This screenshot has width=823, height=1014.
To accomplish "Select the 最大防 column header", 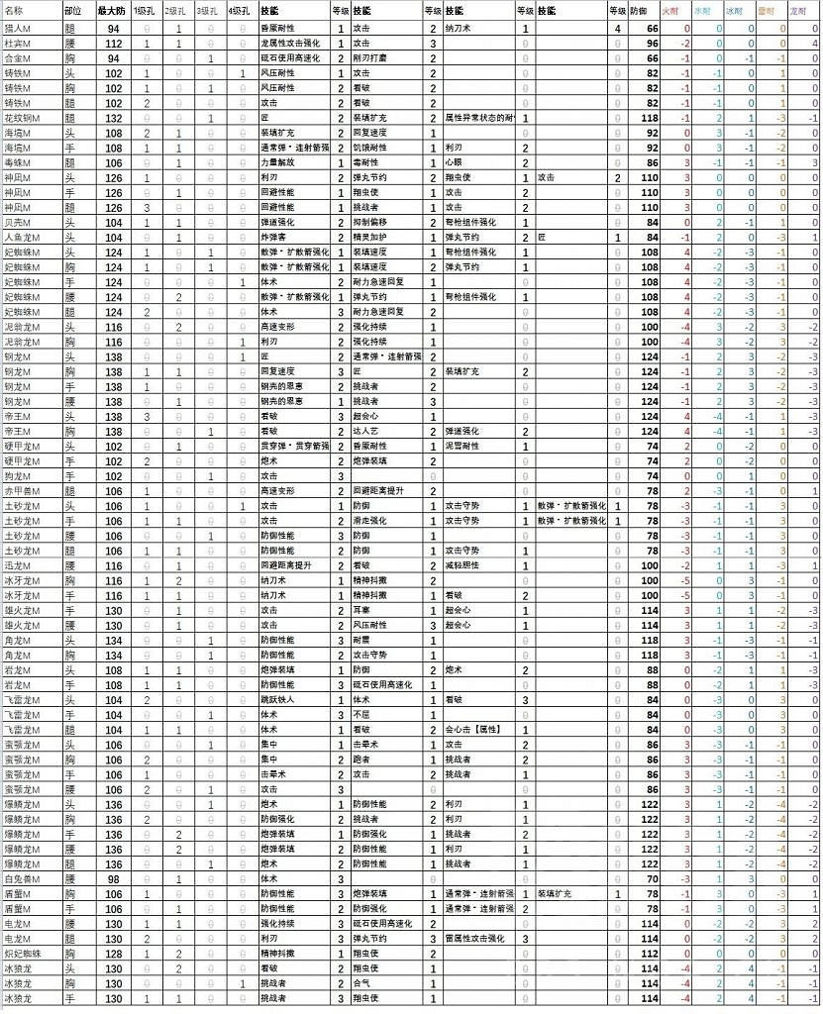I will [x=111, y=10].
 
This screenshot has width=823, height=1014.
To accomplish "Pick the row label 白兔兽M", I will [x=21, y=879].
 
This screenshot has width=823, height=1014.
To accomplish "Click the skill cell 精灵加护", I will [x=372, y=238].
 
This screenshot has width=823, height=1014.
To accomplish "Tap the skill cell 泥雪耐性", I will [x=462, y=446].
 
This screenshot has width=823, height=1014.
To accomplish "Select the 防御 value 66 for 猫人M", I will [x=651, y=30].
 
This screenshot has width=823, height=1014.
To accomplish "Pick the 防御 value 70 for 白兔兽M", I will [x=651, y=879].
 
